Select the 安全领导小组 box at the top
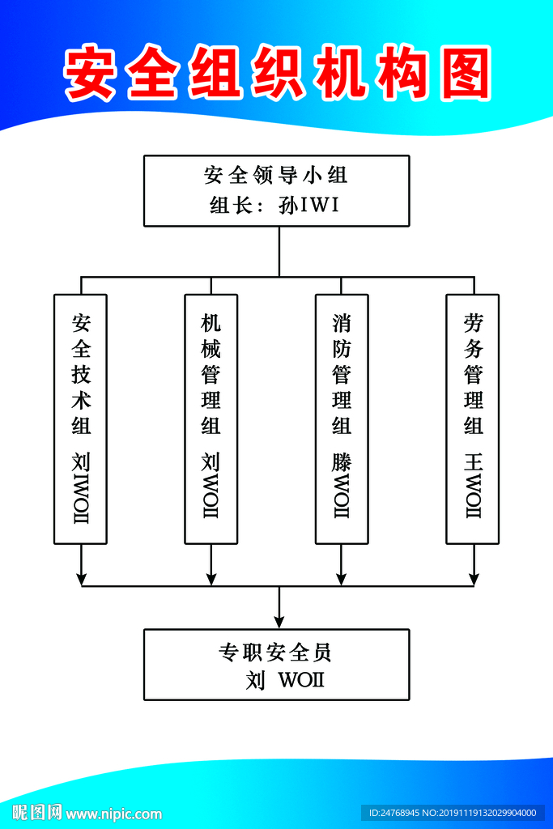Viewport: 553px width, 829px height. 276,190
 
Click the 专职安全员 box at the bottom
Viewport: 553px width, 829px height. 276,664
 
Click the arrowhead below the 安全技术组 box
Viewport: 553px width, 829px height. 81,578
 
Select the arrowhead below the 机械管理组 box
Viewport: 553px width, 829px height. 211,578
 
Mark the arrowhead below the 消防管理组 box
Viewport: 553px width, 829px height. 341,578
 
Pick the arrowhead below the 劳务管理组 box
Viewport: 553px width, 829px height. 474,578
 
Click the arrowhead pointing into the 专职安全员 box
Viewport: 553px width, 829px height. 279,621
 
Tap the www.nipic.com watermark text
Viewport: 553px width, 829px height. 113,814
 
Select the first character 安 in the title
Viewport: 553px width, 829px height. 90,74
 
